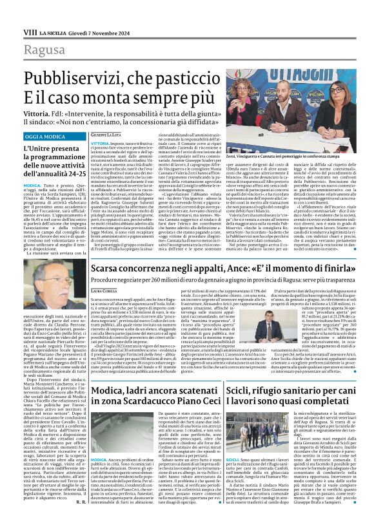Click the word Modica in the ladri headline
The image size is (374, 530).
[112, 392]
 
